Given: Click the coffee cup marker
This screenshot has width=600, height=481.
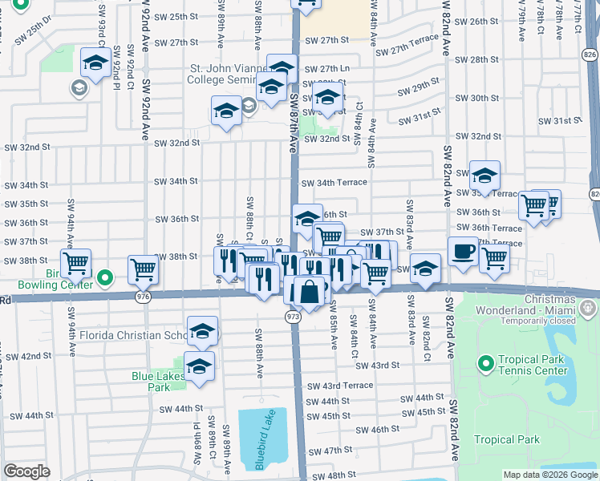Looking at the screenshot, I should tap(462, 250).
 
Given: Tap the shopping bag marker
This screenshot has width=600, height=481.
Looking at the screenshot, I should tap(309, 291).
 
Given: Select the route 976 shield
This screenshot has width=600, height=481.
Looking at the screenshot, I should tap(143, 296).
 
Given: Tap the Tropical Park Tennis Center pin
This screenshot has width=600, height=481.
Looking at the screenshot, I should tap(485, 365).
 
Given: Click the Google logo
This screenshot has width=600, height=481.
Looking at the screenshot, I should tap(26, 471).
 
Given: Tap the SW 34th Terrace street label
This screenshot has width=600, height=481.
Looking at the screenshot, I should tap(334, 183).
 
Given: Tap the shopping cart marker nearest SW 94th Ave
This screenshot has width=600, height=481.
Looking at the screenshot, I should tap(76, 262).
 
